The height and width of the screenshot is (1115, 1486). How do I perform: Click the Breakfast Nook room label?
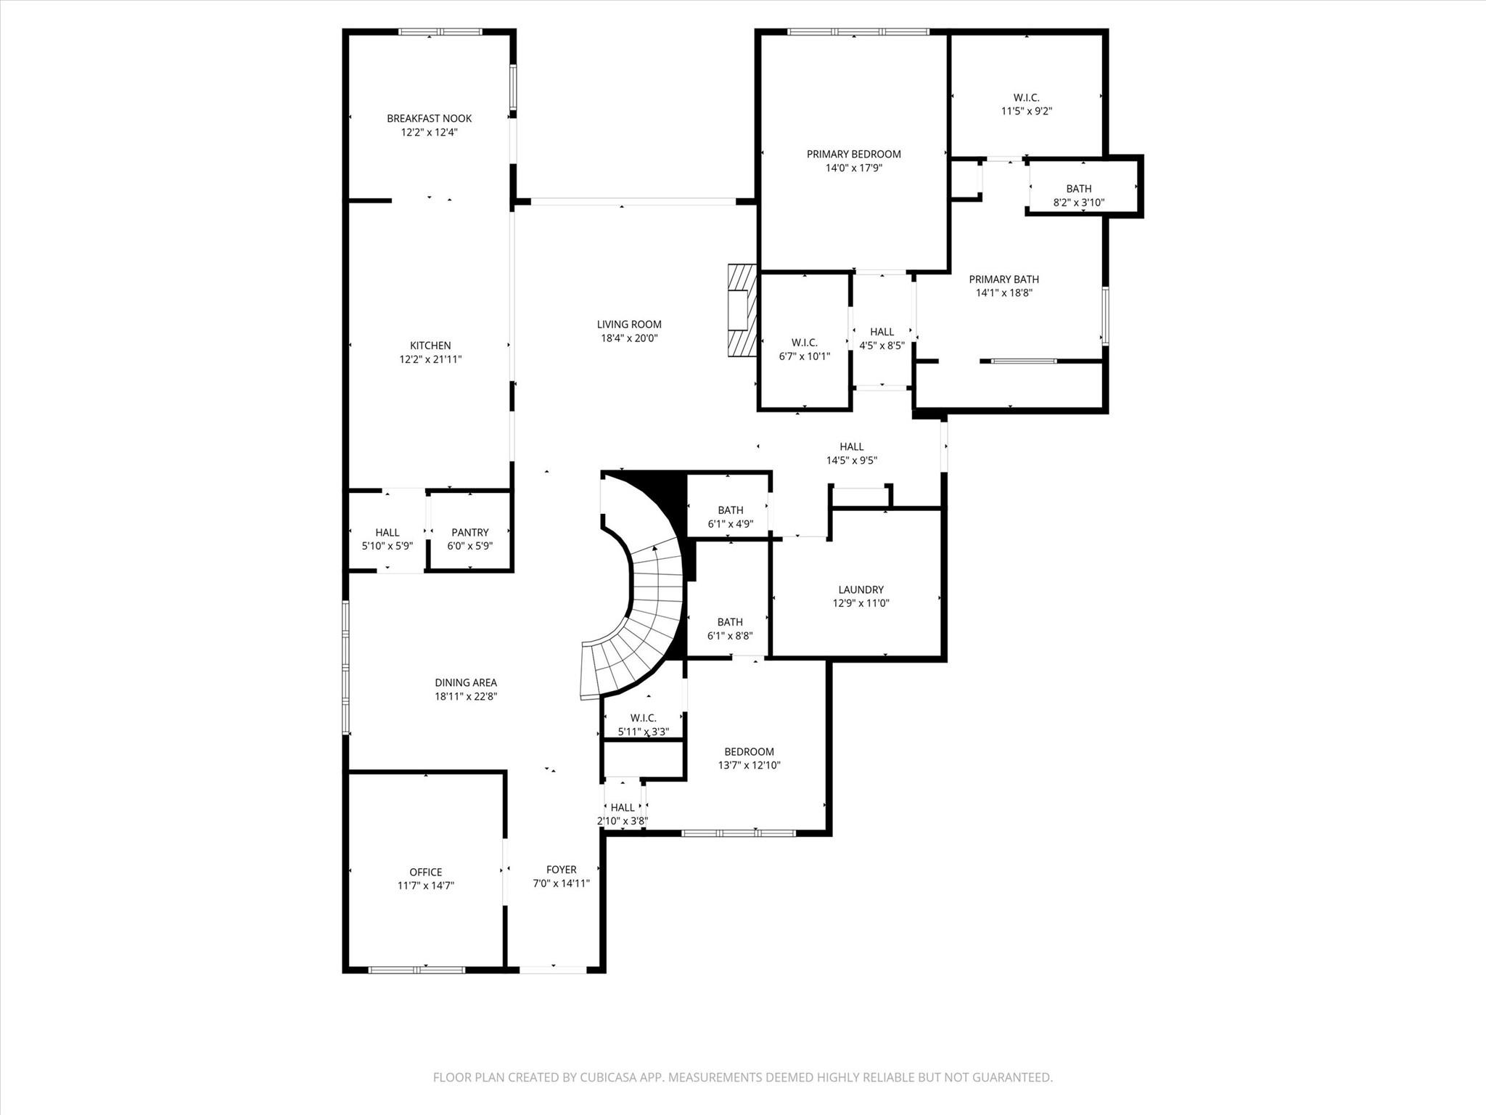[x=429, y=118]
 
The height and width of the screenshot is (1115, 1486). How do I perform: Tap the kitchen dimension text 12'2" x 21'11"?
[x=430, y=359]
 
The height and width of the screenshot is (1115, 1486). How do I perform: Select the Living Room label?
[x=629, y=324]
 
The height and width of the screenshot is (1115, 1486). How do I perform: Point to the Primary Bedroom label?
[x=853, y=154]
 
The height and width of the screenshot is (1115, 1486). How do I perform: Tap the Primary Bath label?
[x=1003, y=279]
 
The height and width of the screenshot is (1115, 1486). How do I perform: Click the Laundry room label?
[x=861, y=589]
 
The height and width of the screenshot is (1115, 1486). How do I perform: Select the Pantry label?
[x=469, y=532]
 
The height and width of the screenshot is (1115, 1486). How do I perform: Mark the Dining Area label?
[x=465, y=682]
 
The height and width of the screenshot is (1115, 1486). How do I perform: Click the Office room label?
[x=425, y=872]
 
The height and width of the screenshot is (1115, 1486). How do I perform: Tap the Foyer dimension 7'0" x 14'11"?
[x=561, y=883]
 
